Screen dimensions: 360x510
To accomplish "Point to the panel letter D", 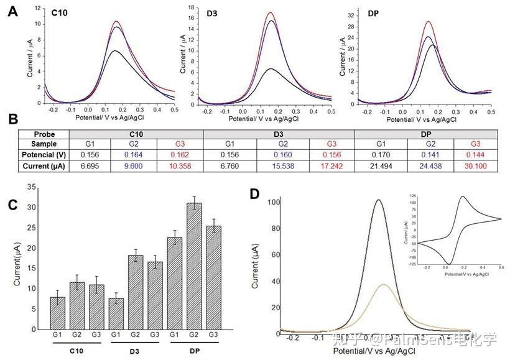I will click(x=254, y=194).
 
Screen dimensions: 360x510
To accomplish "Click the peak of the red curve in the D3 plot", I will click(x=270, y=12).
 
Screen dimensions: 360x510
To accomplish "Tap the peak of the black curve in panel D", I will click(x=379, y=200).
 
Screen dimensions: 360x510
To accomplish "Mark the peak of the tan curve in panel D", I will click(x=384, y=284).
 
